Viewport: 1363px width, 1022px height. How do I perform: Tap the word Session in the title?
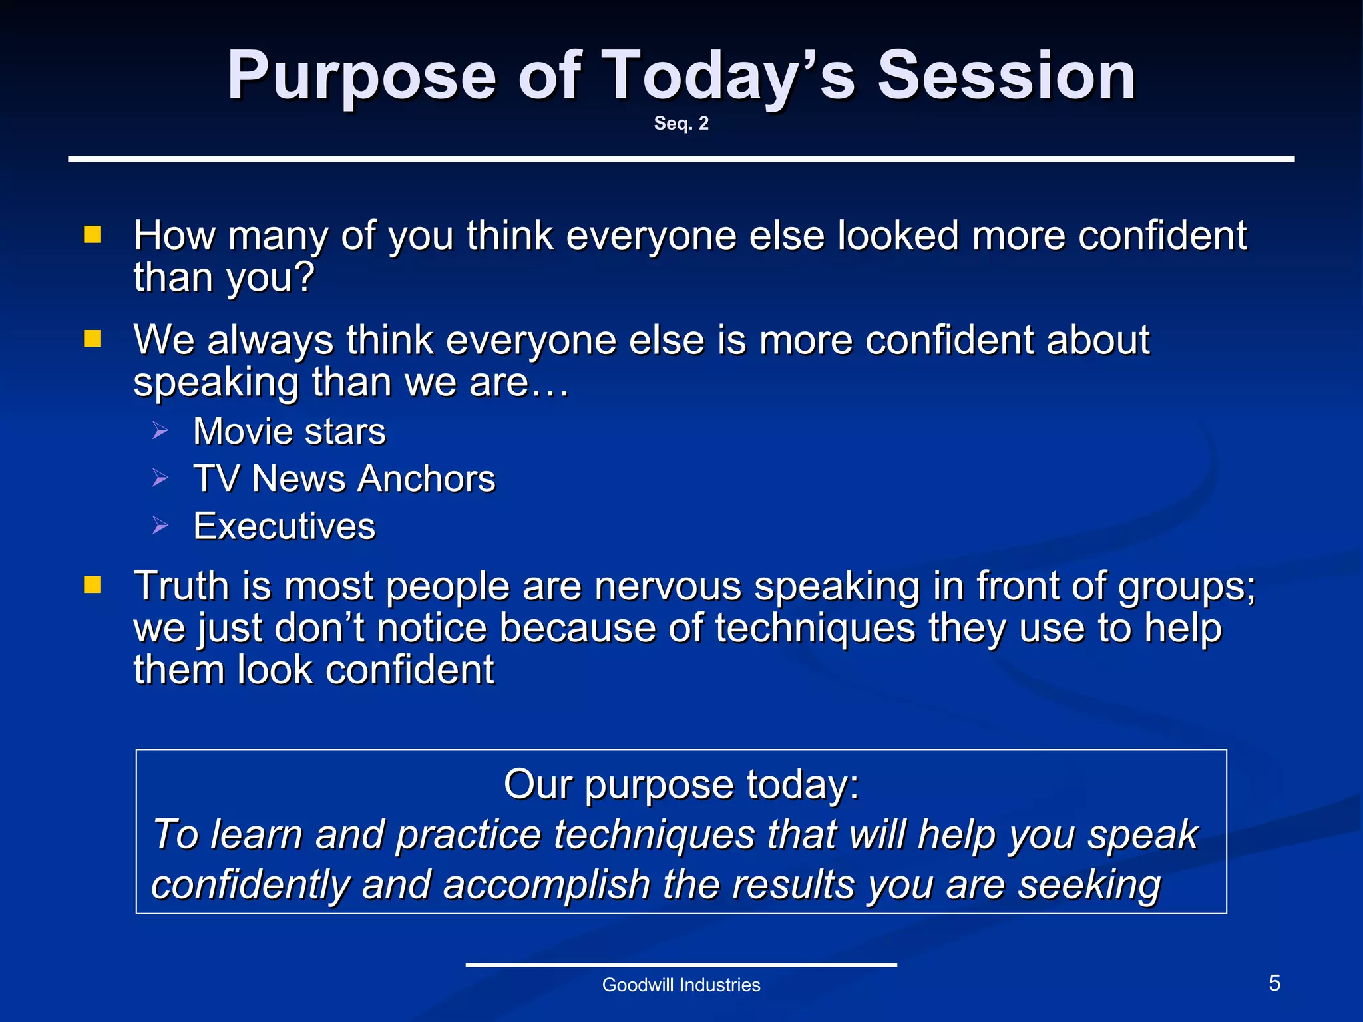tap(1006, 77)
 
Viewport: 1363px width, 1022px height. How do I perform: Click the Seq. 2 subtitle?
tap(681, 124)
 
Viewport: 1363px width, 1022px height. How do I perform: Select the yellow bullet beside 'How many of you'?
tap(93, 234)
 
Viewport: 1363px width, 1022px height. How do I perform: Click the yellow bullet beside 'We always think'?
tap(93, 339)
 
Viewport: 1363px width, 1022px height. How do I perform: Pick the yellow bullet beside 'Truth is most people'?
tap(93, 585)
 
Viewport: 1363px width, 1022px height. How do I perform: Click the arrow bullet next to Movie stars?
tap(160, 430)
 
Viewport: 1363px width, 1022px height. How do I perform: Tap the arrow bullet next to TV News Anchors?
tap(160, 478)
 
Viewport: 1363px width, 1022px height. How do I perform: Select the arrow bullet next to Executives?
tap(160, 526)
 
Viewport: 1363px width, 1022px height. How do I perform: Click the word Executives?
tap(284, 526)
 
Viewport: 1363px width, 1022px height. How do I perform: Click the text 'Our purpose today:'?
tap(681, 784)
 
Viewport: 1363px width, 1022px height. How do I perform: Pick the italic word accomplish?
tap(546, 885)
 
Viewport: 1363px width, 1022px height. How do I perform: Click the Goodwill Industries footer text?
tap(681, 985)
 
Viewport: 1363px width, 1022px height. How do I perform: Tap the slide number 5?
tap(1274, 983)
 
